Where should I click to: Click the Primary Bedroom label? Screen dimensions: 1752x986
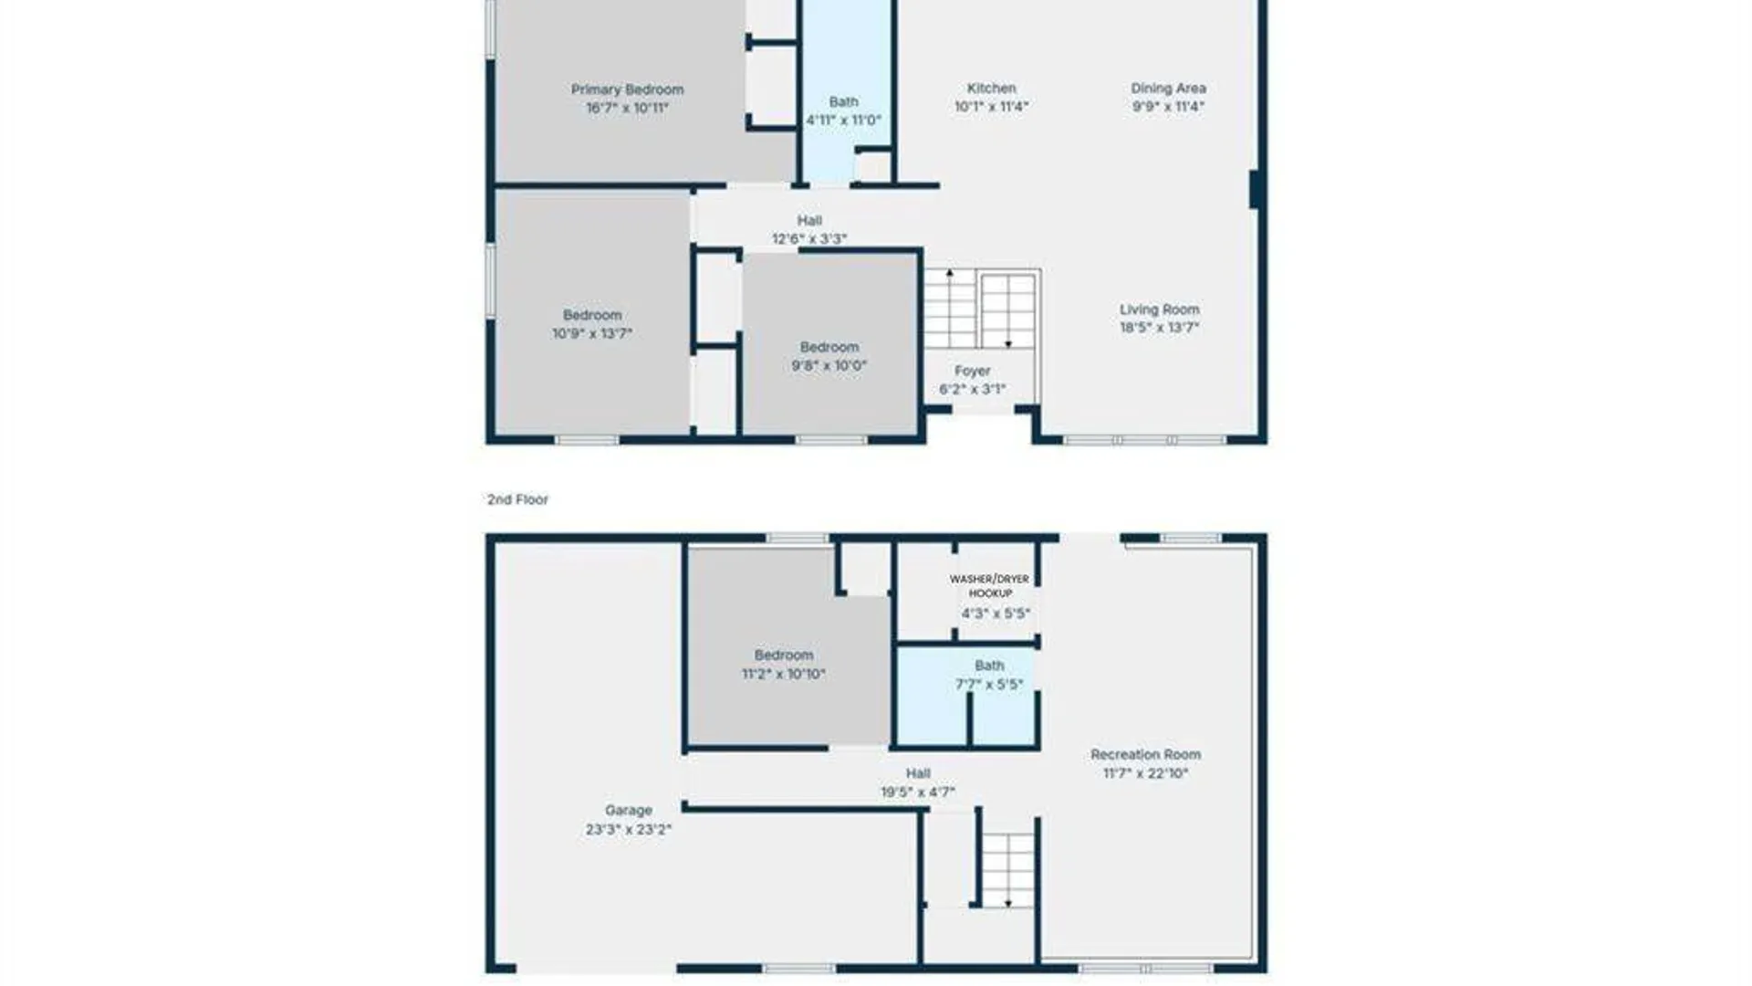tap(627, 89)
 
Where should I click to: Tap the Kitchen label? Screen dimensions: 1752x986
tap(991, 89)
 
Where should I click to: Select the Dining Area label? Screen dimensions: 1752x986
tap(1168, 89)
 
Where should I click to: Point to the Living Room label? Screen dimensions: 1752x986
tap(1159, 309)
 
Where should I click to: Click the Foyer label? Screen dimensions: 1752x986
tap(972, 371)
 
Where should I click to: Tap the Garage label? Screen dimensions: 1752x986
tap(628, 811)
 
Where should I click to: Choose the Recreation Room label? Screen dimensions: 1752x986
tap(1145, 754)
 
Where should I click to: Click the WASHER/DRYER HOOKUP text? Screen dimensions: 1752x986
tap(989, 586)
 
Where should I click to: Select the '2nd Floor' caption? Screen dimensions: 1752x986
tap(517, 499)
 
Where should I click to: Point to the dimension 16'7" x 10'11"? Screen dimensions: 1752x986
tap(627, 108)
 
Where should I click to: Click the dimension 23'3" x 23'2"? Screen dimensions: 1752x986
tap(628, 830)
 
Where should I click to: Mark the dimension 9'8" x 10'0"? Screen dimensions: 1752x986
tap(829, 365)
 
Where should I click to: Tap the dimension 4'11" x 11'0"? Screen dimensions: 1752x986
tap(843, 121)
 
